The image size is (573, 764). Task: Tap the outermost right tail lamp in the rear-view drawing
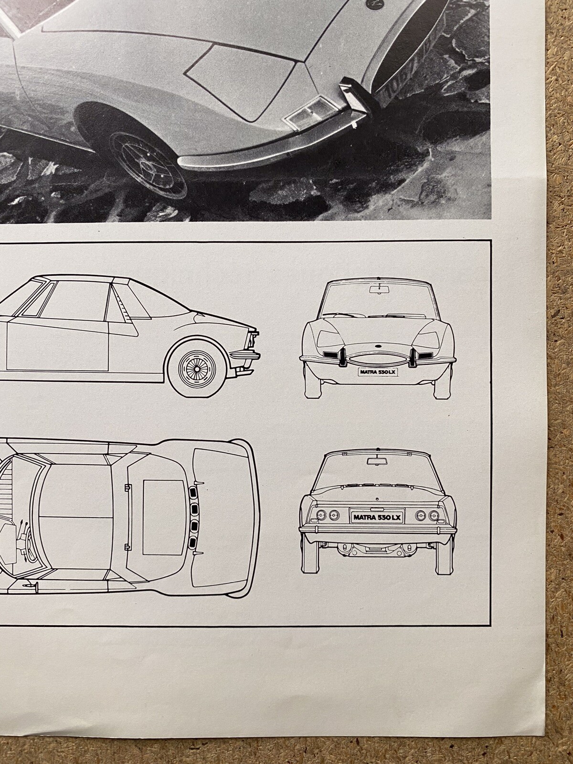pos(435,515)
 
